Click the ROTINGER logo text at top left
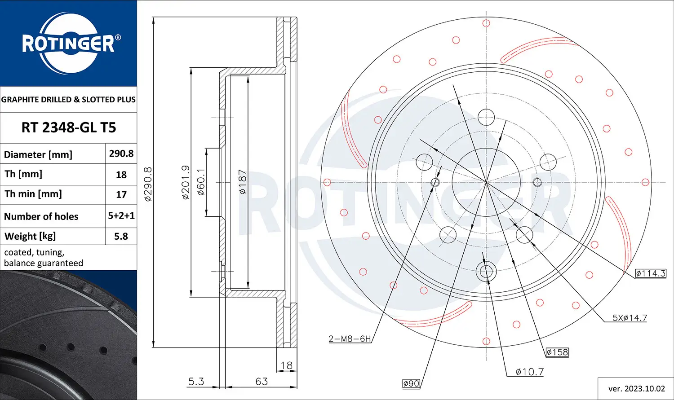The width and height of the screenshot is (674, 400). click(x=68, y=44)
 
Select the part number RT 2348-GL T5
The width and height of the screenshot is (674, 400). click(x=68, y=127)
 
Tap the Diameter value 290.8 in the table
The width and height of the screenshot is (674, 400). click(x=121, y=154)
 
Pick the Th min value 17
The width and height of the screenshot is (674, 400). click(x=121, y=194)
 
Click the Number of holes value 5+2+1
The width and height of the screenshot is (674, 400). click(x=121, y=215)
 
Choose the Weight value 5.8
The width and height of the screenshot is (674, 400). click(x=121, y=236)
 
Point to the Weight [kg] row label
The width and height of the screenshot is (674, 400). click(x=30, y=236)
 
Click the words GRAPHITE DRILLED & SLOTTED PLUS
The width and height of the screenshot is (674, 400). click(x=68, y=100)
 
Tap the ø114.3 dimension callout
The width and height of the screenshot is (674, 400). click(x=650, y=273)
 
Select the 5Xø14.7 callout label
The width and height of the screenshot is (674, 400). click(x=630, y=318)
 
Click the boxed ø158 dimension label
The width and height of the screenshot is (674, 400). click(x=557, y=352)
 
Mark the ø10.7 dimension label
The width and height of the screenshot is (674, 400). click(x=529, y=372)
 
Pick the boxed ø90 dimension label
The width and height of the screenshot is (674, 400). click(x=411, y=383)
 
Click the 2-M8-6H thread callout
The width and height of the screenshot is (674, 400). click(x=350, y=338)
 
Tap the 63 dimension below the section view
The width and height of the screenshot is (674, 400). click(x=262, y=381)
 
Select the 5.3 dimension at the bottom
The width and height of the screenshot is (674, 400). click(x=196, y=381)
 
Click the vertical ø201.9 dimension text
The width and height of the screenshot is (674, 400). click(x=186, y=182)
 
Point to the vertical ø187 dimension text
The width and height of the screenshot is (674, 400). click(x=243, y=181)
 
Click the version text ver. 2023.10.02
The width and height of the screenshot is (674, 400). click(x=636, y=388)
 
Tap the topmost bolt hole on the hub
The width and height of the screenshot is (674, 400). click(x=486, y=117)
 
